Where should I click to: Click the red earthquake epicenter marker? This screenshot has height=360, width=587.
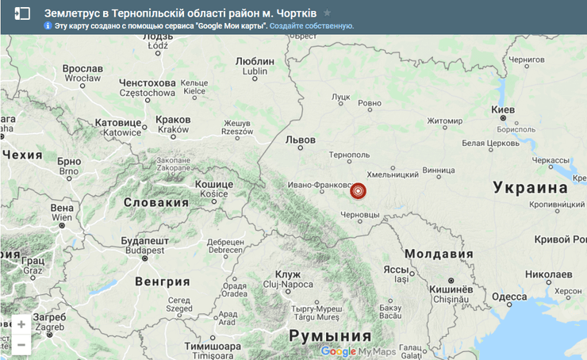pyautogui.click(x=358, y=190)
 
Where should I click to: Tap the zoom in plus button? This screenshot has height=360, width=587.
pyautogui.click(x=21, y=324)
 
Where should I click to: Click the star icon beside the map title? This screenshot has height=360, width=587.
pyautogui.click(x=327, y=13)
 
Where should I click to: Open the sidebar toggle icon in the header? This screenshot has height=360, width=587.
pyautogui.click(x=22, y=13)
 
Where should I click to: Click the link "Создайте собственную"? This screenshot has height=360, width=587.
pyautogui.click(x=311, y=26)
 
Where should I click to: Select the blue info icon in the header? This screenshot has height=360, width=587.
pyautogui.click(x=48, y=26)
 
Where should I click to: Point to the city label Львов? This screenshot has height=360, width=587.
pyautogui.click(x=300, y=140)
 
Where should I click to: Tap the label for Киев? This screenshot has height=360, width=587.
pyautogui.click(x=503, y=109)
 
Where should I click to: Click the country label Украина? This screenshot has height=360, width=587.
pyautogui.click(x=530, y=187)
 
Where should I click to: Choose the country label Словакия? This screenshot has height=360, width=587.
pyautogui.click(x=155, y=202)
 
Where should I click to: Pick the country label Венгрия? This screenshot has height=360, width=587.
pyautogui.click(x=163, y=281)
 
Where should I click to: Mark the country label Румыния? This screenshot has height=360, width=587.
pyautogui.click(x=328, y=335)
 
